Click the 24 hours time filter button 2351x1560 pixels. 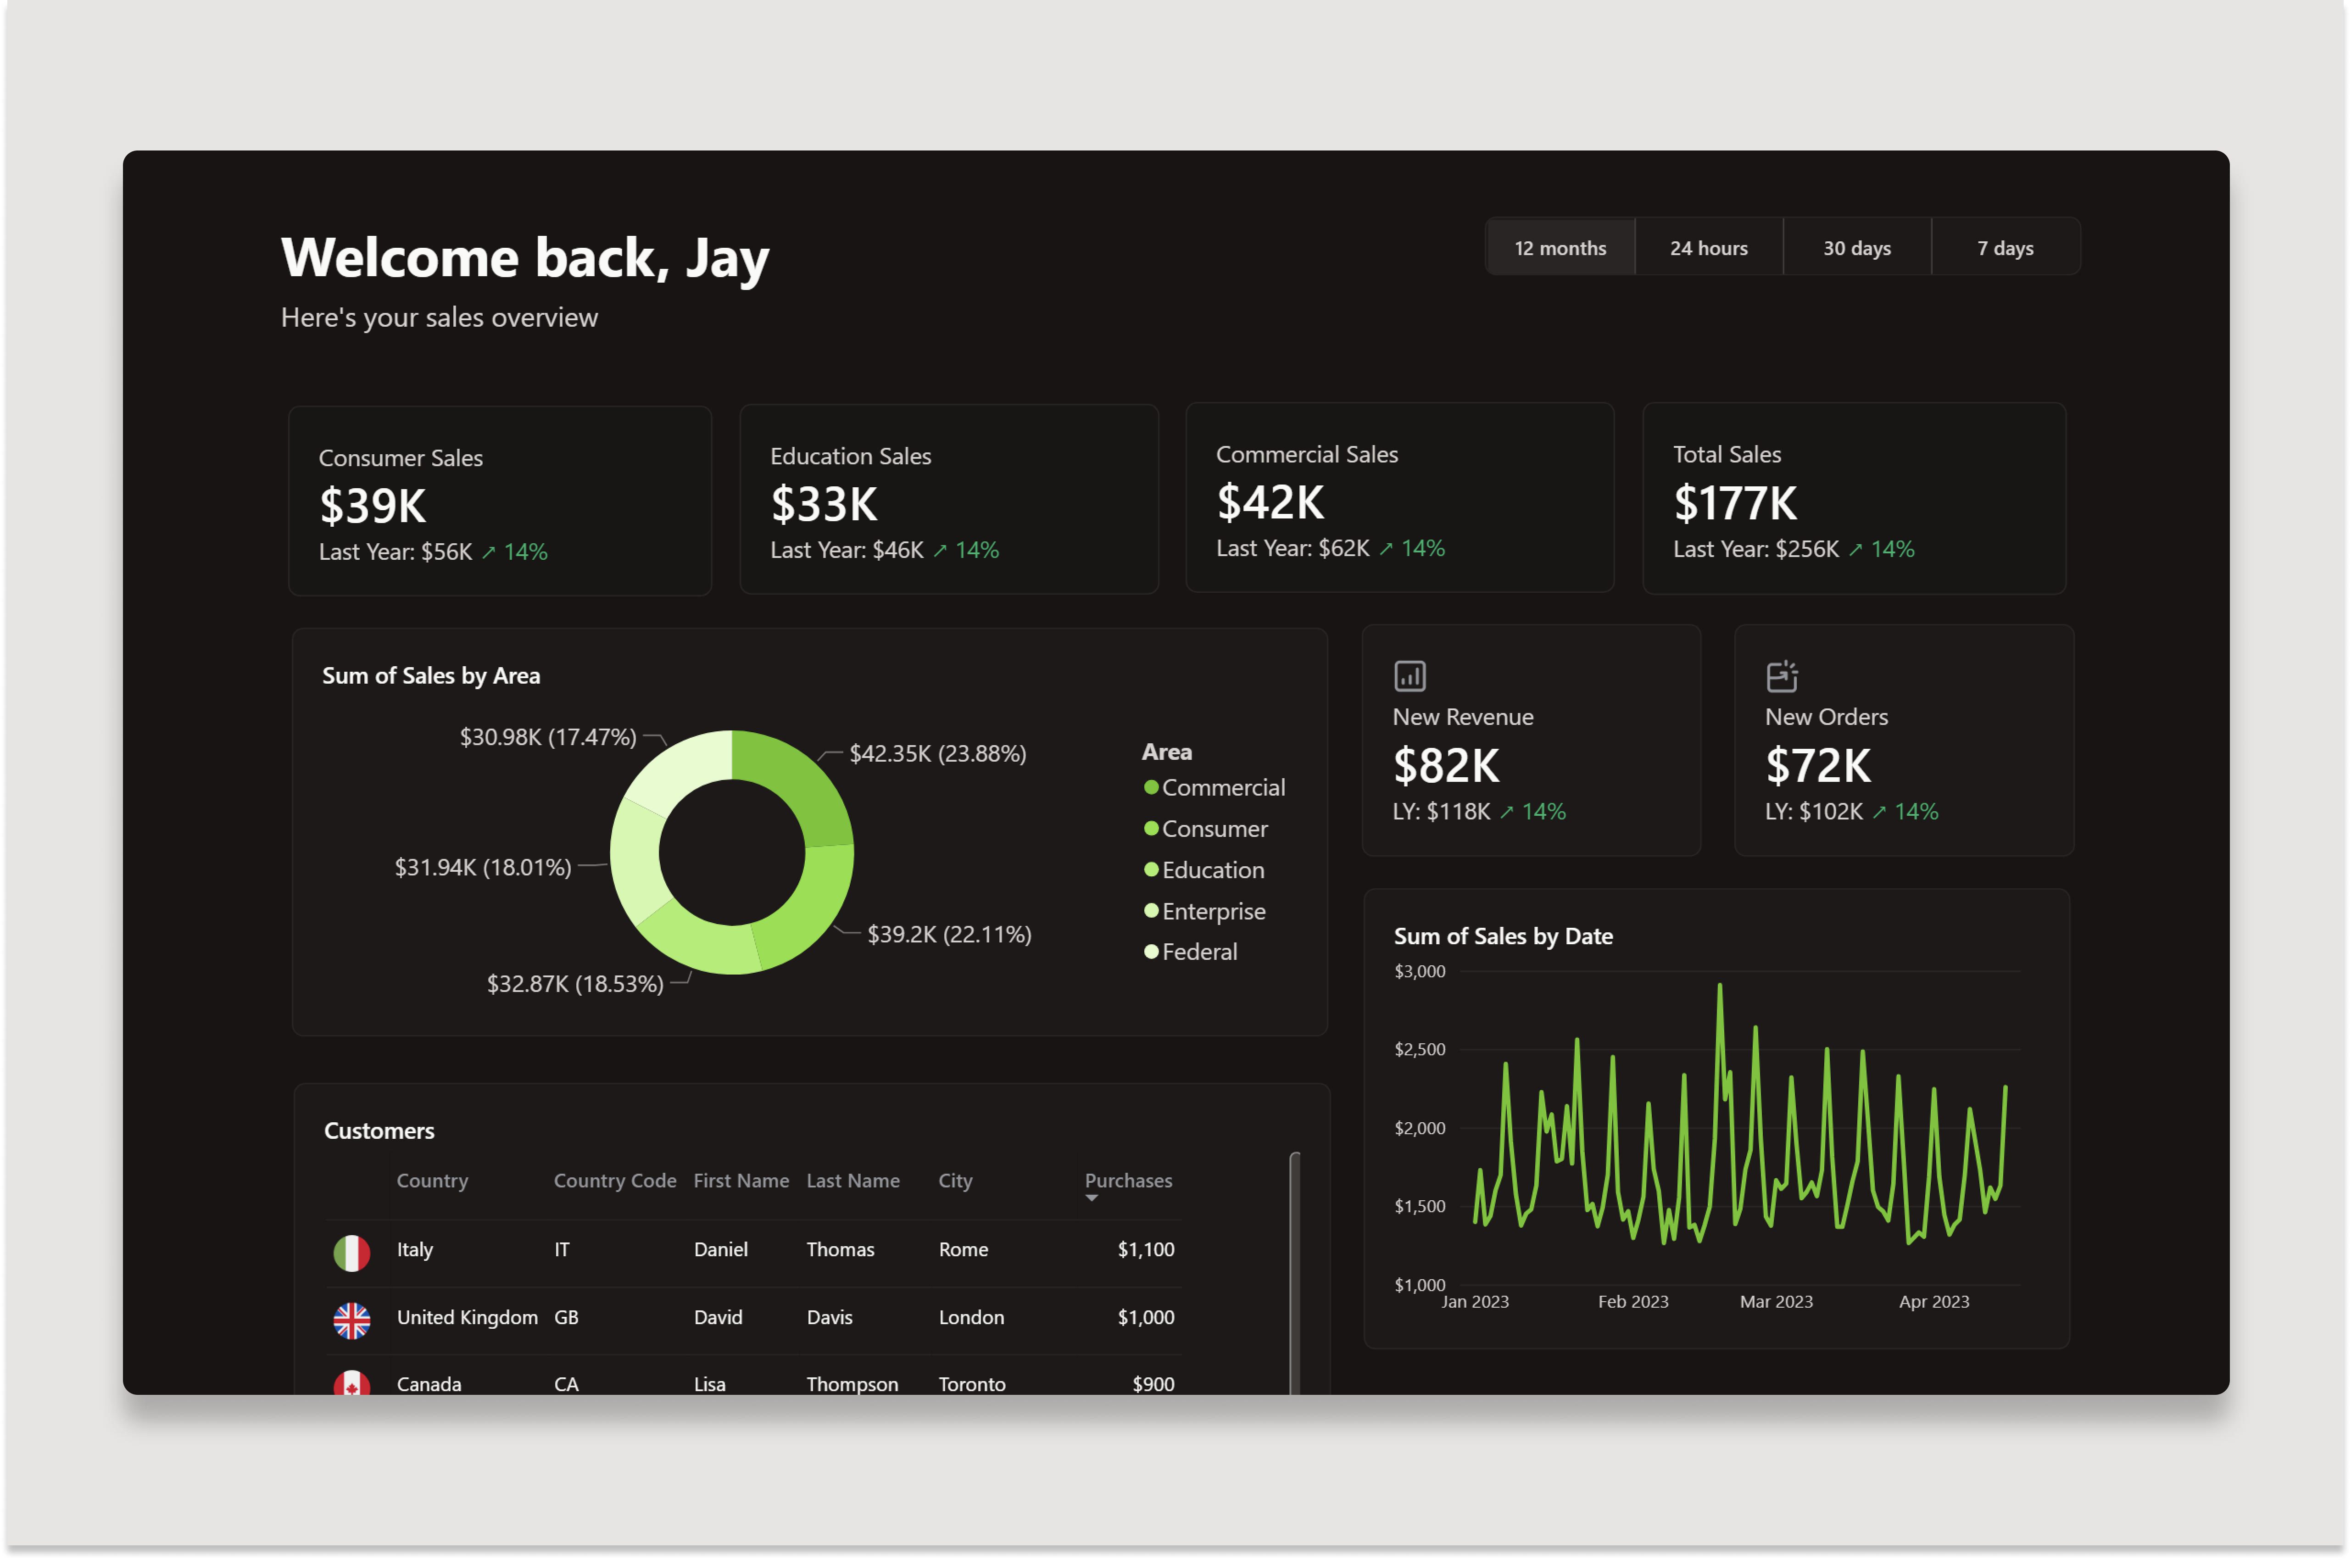pos(1708,248)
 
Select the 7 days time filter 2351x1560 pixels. pos(2005,248)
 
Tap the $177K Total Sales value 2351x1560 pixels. pos(1735,502)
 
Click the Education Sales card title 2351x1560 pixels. pos(851,456)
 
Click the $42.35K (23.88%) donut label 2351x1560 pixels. pos(937,753)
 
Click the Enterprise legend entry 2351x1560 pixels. pos(1213,911)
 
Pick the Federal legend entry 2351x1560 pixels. pos(1199,952)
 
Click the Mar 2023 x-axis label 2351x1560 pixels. pos(1776,1301)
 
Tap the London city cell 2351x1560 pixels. pos(971,1317)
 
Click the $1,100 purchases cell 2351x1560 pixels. pos(1145,1249)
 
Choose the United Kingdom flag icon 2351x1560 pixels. pos(351,1320)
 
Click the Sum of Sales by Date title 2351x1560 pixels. pos(1502,936)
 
